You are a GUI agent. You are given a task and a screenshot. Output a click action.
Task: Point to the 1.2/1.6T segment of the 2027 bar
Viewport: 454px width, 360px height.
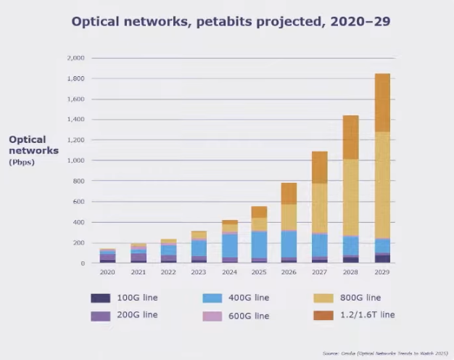tap(321, 167)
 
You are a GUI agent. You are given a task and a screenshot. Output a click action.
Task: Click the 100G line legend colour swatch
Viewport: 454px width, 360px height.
tap(100, 298)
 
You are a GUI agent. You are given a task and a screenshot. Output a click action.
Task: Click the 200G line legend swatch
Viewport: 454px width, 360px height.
tap(100, 316)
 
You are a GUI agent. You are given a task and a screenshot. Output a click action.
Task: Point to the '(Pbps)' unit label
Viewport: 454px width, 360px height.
tap(22, 162)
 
